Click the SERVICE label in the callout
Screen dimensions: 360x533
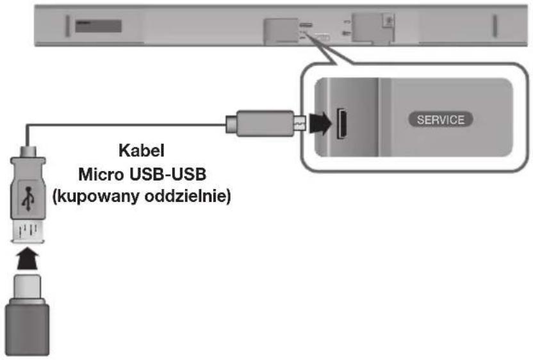click(441, 120)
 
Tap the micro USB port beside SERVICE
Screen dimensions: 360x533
click(342, 120)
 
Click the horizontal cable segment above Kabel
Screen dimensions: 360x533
click(128, 125)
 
